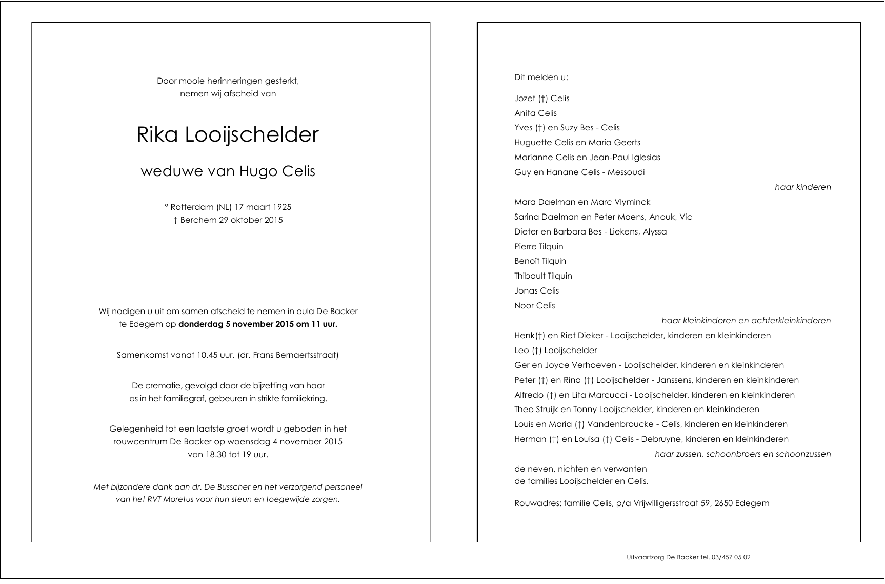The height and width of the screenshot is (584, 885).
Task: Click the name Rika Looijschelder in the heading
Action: tap(228, 135)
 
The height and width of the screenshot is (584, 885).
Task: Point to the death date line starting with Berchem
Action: tap(228, 220)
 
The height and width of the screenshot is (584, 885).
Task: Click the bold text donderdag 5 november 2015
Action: tap(229, 324)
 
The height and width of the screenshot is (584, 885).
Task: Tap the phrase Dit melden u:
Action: tap(541, 77)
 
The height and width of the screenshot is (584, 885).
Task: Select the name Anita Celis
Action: tap(535, 113)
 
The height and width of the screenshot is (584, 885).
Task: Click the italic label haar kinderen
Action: tap(802, 187)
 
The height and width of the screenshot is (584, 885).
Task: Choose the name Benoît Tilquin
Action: tap(540, 261)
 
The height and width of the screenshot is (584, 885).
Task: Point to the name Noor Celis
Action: tap(534, 306)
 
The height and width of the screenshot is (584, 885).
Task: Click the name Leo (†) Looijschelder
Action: tap(555, 351)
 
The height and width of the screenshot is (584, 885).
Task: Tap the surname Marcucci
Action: tap(610, 395)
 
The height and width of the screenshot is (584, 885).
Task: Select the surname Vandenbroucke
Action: tap(620, 424)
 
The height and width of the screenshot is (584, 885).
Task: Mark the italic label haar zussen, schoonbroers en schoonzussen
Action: tap(742, 454)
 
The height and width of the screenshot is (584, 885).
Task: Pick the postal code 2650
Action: tap(723, 503)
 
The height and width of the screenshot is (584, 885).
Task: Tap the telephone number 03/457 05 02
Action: tap(731, 557)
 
